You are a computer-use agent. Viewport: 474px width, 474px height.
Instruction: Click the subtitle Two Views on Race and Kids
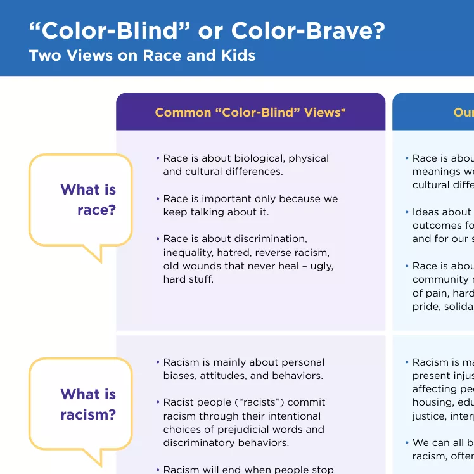[142, 55]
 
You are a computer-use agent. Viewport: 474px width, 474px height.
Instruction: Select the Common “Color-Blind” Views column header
[250, 112]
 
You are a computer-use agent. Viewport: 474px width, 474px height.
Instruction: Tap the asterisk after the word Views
[343, 110]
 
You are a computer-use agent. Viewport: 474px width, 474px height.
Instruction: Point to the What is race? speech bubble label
[88, 200]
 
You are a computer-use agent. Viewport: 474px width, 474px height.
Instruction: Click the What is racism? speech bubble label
[88, 404]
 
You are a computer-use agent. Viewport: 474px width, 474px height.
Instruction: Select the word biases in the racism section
[181, 376]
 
